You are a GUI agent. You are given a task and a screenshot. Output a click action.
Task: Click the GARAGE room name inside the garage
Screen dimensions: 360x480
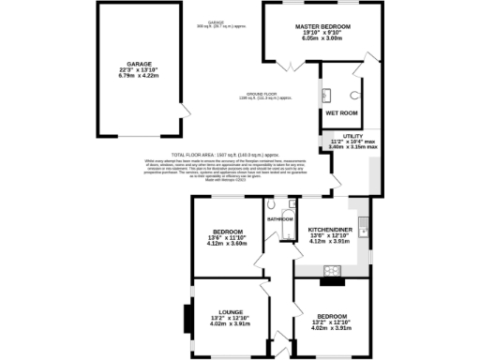(x=126, y=65)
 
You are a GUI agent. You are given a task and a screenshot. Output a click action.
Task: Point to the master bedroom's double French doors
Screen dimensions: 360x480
(x=290, y=65)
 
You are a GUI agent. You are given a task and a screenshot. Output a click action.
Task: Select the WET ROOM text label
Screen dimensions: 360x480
(x=341, y=112)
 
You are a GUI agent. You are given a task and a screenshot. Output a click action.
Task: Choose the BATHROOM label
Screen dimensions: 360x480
(x=280, y=219)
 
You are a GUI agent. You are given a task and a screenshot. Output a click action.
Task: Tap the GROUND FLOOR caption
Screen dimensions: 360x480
(x=260, y=95)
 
